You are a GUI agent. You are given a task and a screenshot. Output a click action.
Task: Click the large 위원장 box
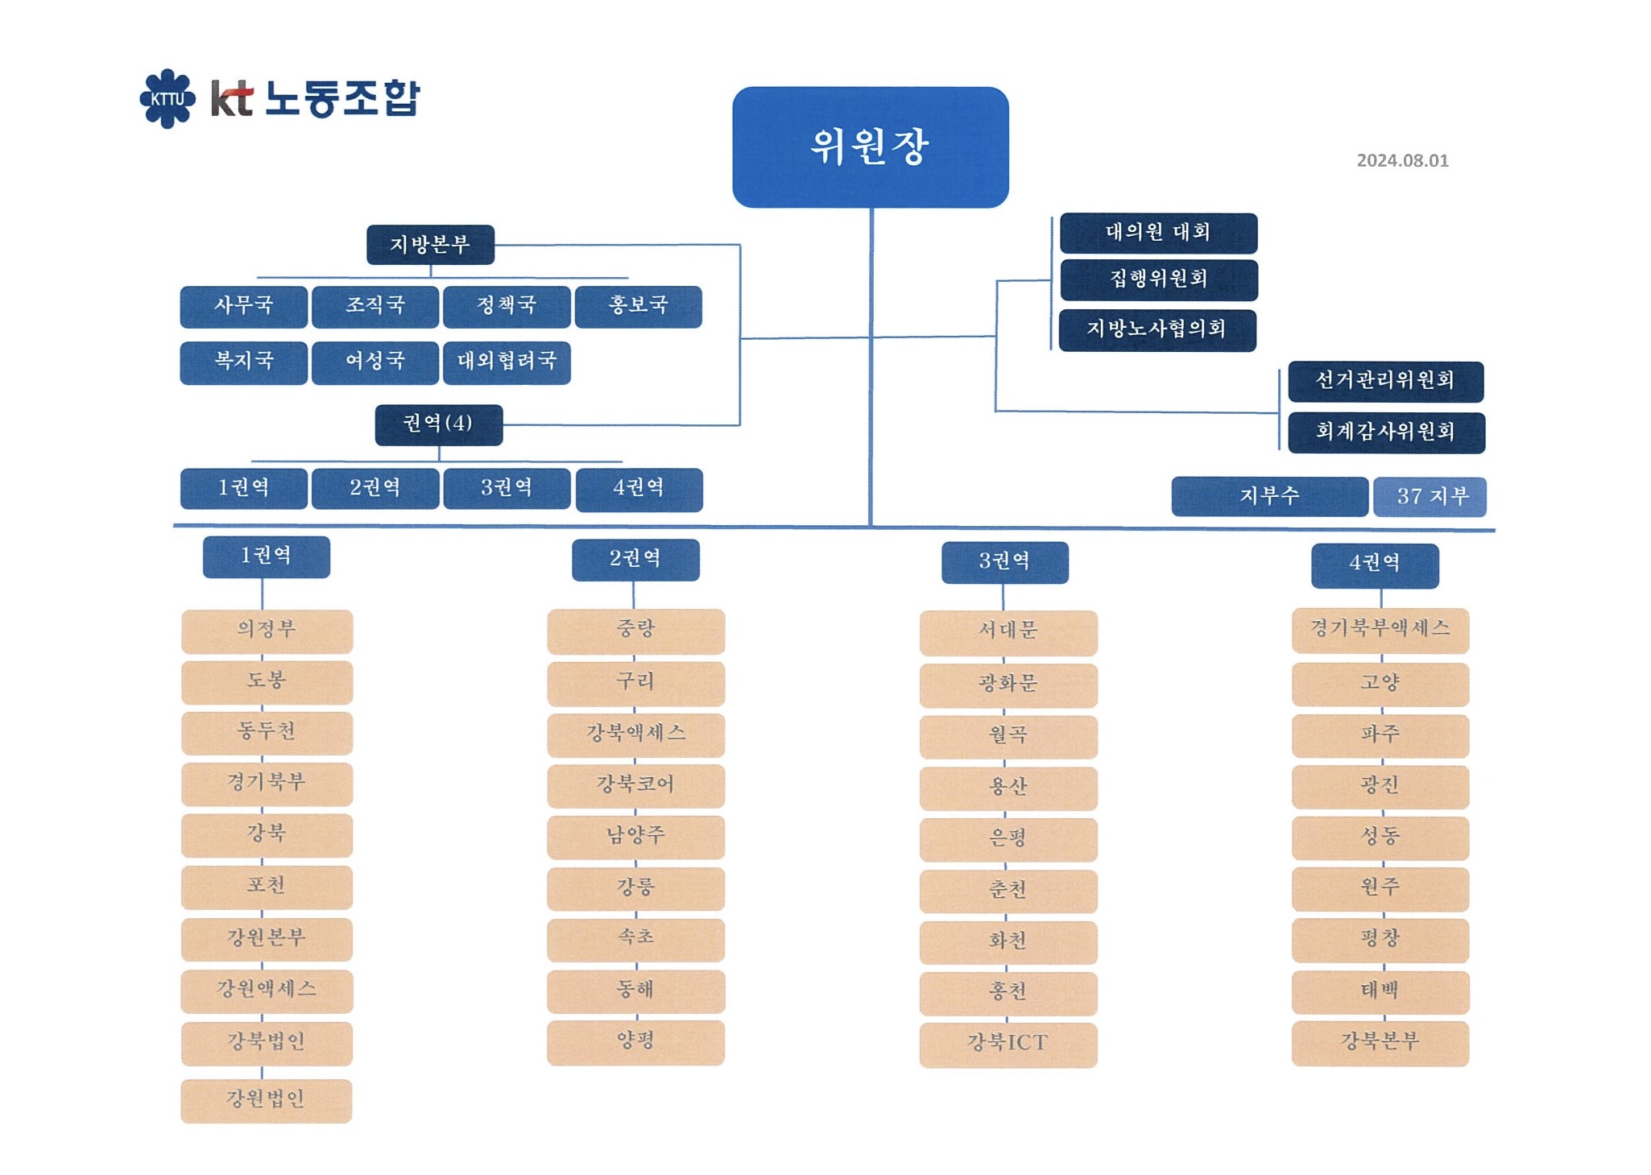870,147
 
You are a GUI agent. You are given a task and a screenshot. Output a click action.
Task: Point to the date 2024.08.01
1402,160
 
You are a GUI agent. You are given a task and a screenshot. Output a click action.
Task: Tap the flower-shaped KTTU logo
168,98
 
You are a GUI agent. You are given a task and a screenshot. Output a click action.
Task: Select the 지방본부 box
430,245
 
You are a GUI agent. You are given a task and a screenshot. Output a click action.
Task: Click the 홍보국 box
638,306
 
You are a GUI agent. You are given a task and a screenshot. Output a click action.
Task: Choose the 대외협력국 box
507,362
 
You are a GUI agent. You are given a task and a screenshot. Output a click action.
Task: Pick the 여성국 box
375,362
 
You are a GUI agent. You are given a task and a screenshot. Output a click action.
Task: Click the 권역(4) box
439,424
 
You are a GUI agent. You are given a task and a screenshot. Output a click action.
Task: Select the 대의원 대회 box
1158,233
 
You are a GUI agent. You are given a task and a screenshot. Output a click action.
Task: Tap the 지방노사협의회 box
1157,330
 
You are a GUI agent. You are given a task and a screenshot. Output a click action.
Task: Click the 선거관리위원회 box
1385,381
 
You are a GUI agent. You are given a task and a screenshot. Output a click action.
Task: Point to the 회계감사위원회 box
1386,432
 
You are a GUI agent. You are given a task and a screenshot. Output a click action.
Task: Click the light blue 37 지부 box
1430,496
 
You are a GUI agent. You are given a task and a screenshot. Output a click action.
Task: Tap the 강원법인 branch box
266,1100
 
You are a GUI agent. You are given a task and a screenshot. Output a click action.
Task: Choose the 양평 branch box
635,1042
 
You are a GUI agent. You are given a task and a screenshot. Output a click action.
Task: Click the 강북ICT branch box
1008,1045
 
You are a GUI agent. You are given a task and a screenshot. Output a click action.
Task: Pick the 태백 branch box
1380,992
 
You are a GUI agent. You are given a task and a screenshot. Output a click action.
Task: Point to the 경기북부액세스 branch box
1380,630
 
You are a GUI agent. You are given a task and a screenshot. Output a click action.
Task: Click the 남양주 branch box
635,837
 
